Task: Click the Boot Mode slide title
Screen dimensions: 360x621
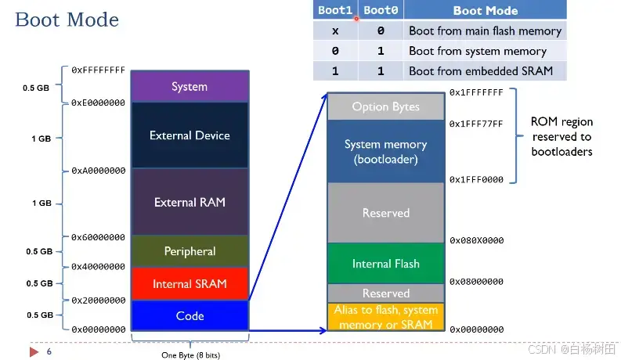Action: (x=67, y=20)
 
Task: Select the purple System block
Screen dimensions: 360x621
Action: (x=190, y=86)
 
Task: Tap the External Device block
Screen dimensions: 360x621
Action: (x=190, y=135)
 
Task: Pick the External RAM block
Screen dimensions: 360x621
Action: (x=190, y=202)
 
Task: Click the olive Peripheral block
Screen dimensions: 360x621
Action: (x=190, y=251)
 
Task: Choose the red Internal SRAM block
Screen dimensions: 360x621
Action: (x=190, y=284)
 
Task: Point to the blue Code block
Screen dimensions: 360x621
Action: (x=190, y=316)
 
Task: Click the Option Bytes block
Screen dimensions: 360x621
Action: (x=385, y=107)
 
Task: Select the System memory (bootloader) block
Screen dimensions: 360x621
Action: (x=385, y=152)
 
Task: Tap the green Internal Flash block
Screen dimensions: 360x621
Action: (x=385, y=264)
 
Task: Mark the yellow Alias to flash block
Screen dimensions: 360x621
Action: (x=385, y=317)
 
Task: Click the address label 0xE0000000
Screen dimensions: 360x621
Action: (x=98, y=103)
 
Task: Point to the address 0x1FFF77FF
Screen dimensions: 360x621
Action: (x=476, y=124)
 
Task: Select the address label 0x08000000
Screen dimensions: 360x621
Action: (x=476, y=282)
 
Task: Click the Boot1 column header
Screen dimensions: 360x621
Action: (x=334, y=11)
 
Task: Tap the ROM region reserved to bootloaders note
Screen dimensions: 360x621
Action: (x=561, y=136)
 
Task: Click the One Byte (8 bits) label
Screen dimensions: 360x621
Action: (x=190, y=355)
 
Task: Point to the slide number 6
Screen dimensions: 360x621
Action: (x=49, y=351)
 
